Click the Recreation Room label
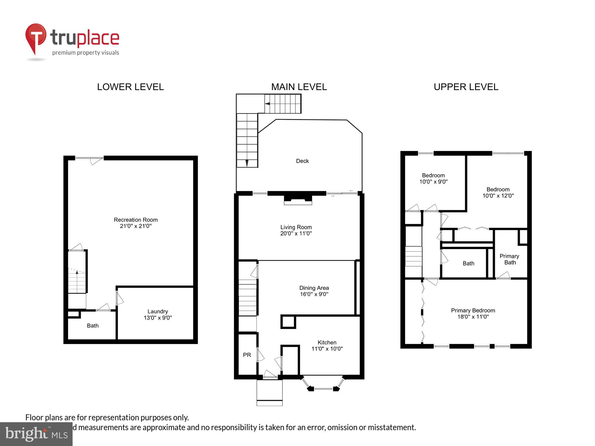click(x=136, y=220)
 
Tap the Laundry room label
click(x=158, y=311)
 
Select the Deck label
click(x=302, y=161)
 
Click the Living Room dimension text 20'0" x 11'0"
click(x=296, y=233)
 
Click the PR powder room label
click(x=247, y=355)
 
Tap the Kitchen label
click(x=327, y=342)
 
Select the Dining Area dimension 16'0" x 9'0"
click(x=314, y=294)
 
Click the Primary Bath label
click(x=509, y=259)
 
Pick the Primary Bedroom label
click(x=473, y=310)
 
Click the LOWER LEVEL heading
click(x=130, y=87)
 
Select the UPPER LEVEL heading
click(x=466, y=87)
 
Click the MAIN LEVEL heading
click(x=299, y=87)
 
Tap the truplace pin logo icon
click(x=36, y=37)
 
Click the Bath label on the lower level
click(x=93, y=326)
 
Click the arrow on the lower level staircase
click(x=77, y=272)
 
